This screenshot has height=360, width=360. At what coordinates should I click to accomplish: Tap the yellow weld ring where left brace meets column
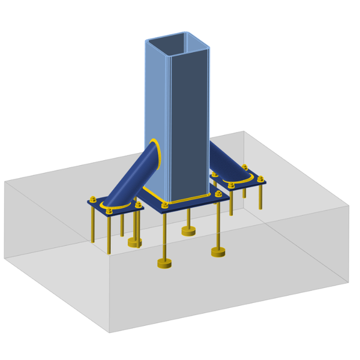tap(155, 152)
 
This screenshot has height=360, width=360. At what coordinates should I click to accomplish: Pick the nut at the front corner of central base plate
tap(164, 205)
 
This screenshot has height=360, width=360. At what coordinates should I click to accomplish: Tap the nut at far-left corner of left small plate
tap(92, 200)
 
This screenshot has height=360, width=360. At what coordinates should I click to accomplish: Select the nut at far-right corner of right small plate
tap(260, 178)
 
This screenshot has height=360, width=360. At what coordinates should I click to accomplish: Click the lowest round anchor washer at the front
tap(164, 263)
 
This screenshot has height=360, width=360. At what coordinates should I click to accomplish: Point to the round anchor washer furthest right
tap(218, 253)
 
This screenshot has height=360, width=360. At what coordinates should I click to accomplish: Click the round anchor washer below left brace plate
tap(136, 243)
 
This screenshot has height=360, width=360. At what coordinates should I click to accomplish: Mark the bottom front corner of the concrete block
tap(109, 332)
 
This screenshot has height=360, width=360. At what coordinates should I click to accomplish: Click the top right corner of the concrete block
tap(349, 205)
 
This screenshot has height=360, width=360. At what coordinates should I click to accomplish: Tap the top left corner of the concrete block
tap(5, 181)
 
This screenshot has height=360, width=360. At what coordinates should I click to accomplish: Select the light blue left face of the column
tap(158, 108)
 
